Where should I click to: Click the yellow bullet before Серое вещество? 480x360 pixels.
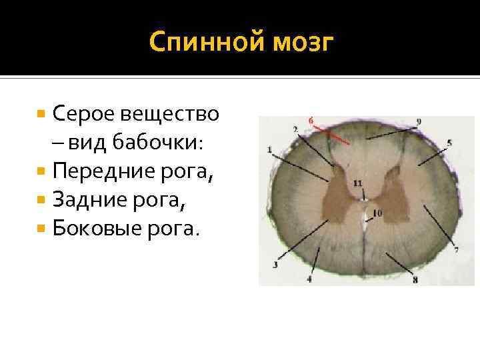pyautogui.click(x=41, y=114)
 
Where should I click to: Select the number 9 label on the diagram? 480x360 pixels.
pyautogui.click(x=418, y=121)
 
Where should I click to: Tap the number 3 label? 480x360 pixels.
pyautogui.click(x=274, y=265)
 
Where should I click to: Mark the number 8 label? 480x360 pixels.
pyautogui.click(x=415, y=280)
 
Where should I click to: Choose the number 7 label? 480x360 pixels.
pyautogui.click(x=456, y=250)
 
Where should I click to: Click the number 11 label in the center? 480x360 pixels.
pyautogui.click(x=358, y=183)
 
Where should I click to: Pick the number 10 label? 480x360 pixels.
pyautogui.click(x=377, y=213)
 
